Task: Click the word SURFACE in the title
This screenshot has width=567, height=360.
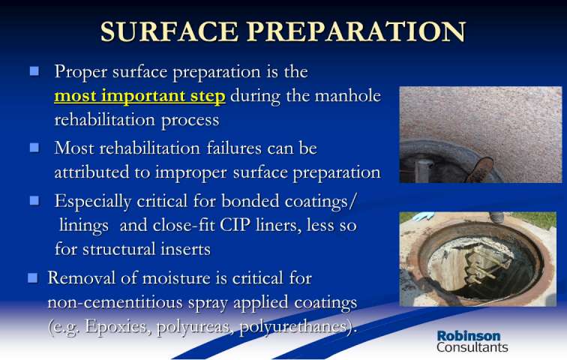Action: [x=169, y=31]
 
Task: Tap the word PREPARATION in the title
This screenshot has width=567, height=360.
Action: [x=357, y=31]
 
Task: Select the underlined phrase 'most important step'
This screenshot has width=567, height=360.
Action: [x=139, y=96]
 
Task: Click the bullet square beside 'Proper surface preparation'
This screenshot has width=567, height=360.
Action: [x=34, y=70]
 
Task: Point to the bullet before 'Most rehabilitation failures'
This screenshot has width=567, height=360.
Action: [x=34, y=147]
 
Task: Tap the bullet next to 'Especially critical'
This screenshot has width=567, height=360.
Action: [x=34, y=200]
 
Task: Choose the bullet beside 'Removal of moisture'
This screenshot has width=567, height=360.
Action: [x=32, y=277]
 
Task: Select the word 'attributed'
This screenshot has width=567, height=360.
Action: [x=91, y=172]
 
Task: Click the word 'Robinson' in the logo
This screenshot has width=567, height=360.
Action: [x=469, y=336]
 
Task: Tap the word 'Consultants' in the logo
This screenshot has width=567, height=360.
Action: [x=472, y=347]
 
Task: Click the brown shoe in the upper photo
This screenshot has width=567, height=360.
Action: [x=480, y=169]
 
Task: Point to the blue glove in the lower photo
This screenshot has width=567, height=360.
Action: [x=423, y=216]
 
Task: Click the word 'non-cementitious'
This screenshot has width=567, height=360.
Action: [x=115, y=302]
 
